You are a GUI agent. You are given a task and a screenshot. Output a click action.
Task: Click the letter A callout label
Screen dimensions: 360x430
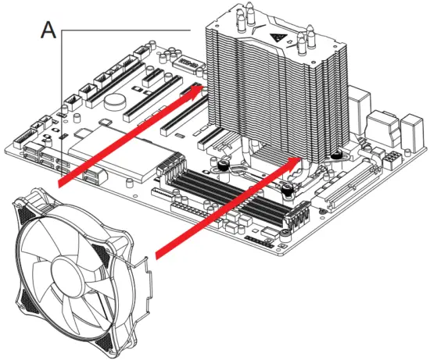[x=48, y=30]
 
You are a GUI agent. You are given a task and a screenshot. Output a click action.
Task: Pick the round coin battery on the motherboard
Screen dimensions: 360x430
[x=116, y=100]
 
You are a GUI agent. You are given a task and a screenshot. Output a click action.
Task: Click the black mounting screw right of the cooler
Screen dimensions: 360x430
[x=336, y=155]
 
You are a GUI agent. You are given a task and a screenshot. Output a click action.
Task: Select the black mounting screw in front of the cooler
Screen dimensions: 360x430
[x=287, y=188]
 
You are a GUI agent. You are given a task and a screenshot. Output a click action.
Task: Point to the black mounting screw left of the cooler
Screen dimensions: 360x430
[x=223, y=165]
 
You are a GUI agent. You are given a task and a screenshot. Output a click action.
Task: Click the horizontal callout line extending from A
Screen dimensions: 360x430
[x=125, y=30]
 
